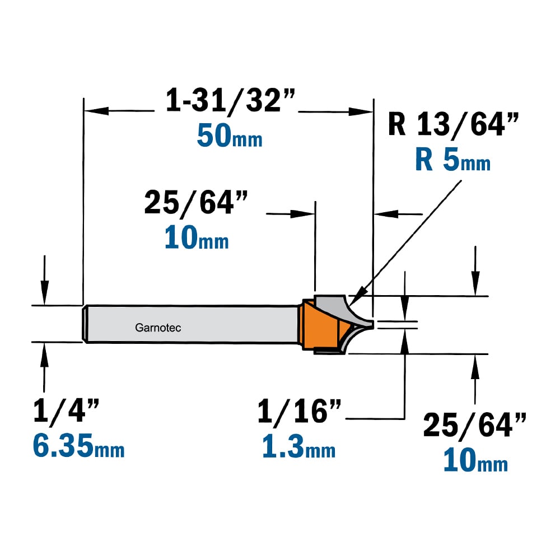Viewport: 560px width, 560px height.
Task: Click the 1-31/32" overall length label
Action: pos(230,100)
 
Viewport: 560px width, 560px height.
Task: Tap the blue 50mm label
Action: pos(230,136)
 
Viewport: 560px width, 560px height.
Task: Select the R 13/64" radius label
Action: pos(453,124)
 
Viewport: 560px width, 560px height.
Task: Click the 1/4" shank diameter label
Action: pos(66,411)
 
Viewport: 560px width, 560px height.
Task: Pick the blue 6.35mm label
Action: pos(78,445)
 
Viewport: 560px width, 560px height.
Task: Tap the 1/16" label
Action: pos(299,411)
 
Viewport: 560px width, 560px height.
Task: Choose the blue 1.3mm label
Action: pos(299,447)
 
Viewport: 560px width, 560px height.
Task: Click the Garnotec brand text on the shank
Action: pos(158,328)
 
